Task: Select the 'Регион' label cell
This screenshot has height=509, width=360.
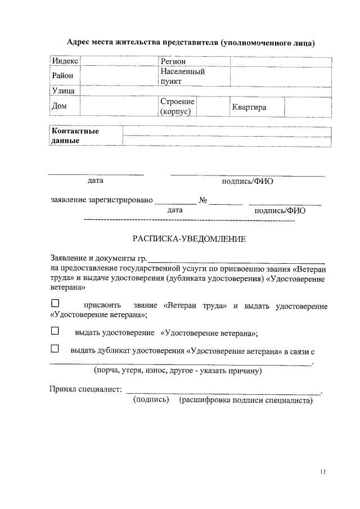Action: (x=173, y=61)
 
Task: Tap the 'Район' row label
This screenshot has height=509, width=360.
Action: (x=62, y=75)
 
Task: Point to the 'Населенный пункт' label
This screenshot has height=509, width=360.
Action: (x=182, y=76)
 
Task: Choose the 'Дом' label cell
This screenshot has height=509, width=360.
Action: (x=59, y=106)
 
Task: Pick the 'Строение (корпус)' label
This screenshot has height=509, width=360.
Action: (x=177, y=106)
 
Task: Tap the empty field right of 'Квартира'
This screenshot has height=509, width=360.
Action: (x=307, y=107)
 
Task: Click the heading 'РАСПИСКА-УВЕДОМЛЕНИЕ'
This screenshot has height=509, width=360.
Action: (x=189, y=238)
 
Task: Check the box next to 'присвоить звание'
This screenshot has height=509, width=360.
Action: (x=55, y=304)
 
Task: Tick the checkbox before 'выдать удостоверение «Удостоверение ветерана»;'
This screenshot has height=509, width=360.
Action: (x=55, y=331)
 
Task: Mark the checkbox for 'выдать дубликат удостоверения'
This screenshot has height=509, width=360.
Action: (x=55, y=349)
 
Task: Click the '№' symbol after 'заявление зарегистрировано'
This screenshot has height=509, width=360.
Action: (x=204, y=200)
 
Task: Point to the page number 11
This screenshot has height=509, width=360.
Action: (x=322, y=471)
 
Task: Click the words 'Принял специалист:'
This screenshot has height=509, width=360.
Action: (x=85, y=390)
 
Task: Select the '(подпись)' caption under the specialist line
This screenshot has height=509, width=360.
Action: (x=151, y=400)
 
